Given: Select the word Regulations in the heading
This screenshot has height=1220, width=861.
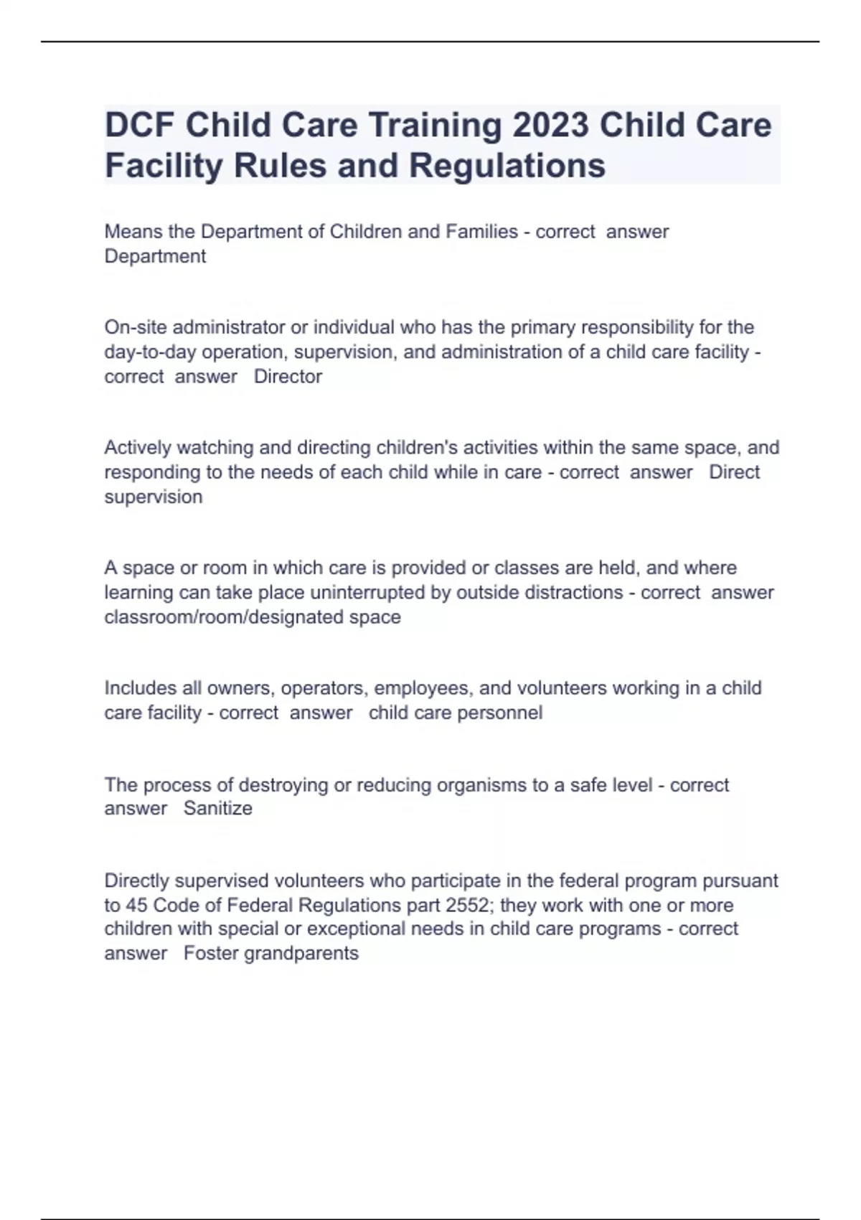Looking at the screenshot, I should [x=507, y=166].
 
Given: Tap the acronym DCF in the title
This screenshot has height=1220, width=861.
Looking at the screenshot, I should [x=139, y=126].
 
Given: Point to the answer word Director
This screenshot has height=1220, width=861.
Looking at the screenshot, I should [x=288, y=377].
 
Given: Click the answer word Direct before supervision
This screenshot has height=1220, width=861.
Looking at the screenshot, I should [x=734, y=472].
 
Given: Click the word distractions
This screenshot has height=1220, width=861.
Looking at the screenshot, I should [x=574, y=593].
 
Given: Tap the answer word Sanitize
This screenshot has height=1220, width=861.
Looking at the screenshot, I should [x=218, y=809].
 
